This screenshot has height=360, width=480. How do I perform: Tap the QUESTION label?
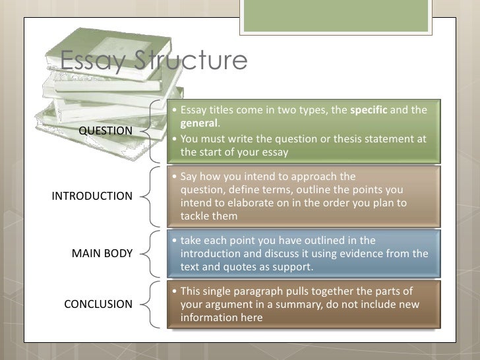[x=105, y=131]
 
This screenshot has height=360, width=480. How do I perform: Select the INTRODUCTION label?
[x=92, y=196]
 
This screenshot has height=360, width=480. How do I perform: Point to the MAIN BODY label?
[x=102, y=253]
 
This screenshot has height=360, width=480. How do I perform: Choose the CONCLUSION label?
[x=98, y=304]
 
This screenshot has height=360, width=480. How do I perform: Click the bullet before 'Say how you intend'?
[x=173, y=177]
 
